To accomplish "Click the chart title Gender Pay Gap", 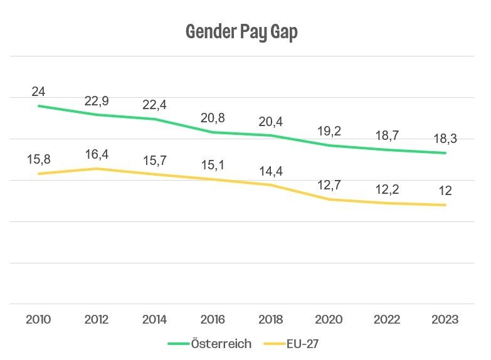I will point(241,32).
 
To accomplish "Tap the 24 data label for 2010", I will point(38,92).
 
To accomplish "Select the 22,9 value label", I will point(96,101).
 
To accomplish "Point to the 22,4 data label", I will point(154,105).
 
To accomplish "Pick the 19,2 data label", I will point(329,132).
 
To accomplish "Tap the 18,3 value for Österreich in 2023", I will point(445,139).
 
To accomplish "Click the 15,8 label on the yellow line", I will point(38,159).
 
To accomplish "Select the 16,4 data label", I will point(96,154).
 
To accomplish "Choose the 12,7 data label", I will point(329,185).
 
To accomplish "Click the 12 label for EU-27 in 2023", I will point(445,191).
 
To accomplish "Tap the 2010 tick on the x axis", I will point(38,320).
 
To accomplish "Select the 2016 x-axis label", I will point(213,320).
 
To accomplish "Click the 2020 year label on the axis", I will point(329,320).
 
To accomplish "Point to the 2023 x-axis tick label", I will point(445,320).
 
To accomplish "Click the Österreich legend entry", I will point(210,344).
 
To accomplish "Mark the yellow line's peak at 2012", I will point(96,169).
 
